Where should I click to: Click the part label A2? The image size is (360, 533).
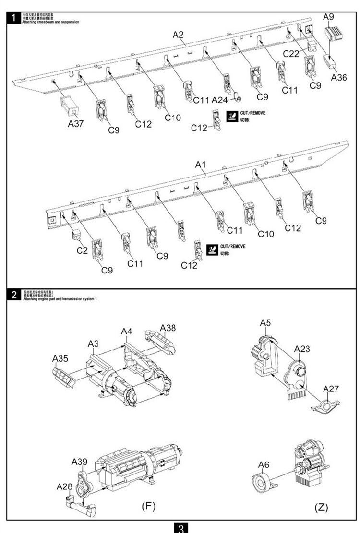click(178, 35)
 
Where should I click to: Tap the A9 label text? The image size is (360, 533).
click(328, 16)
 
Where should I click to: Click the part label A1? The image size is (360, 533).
click(200, 165)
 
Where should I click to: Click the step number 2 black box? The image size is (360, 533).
click(14, 295)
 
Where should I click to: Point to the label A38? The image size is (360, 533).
click(168, 328)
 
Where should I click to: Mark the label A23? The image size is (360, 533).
click(302, 349)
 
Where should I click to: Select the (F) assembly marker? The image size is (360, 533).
click(147, 506)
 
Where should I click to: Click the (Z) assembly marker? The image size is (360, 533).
click(321, 507)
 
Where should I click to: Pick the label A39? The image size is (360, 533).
click(79, 462)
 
